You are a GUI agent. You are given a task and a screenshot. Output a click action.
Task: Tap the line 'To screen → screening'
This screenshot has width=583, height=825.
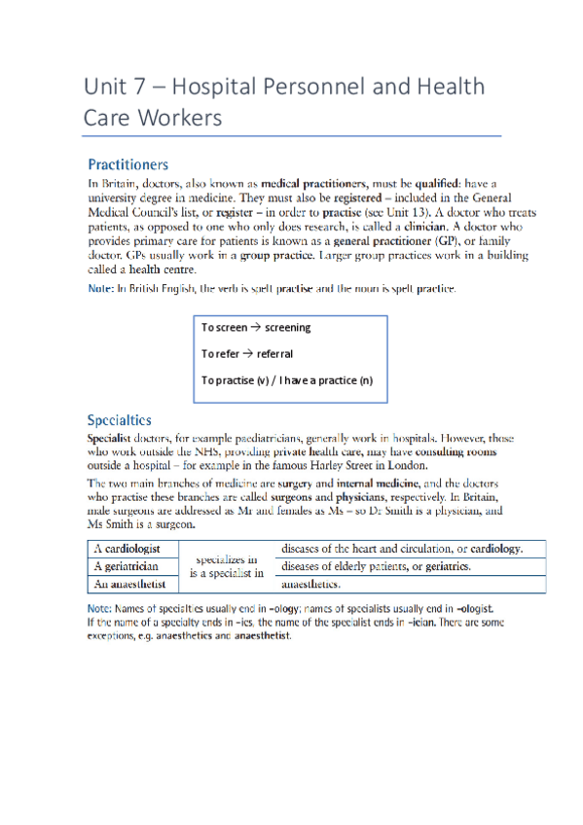point(255,328)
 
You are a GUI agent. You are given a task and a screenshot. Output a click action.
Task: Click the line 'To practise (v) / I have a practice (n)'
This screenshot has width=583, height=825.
point(286,379)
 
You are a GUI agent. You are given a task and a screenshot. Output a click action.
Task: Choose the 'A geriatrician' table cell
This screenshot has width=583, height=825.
point(127,567)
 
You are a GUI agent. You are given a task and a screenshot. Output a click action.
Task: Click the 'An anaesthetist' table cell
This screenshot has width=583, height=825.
point(129,585)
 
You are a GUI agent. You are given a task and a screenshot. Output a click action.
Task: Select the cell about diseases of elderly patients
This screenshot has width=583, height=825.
point(376,566)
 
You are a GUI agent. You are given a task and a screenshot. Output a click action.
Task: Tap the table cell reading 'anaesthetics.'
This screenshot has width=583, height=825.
point(310,585)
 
